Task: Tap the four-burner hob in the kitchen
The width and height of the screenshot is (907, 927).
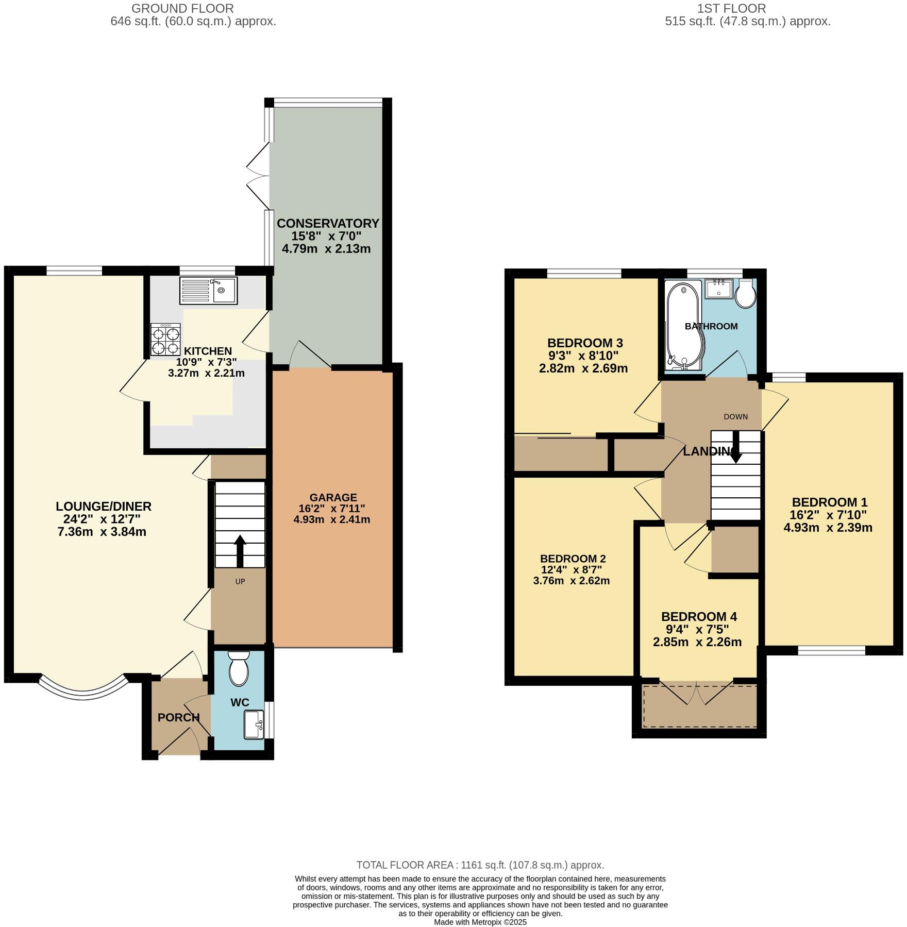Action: (x=166, y=340)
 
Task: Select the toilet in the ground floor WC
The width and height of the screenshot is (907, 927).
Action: (x=239, y=668)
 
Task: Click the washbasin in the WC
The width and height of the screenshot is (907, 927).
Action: (x=254, y=724)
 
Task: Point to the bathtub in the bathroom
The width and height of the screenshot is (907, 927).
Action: (x=681, y=326)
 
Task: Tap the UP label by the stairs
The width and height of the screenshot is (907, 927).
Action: (x=240, y=581)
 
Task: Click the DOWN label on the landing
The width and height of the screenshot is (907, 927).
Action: (x=735, y=416)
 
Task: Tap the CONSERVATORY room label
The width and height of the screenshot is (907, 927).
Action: (x=328, y=223)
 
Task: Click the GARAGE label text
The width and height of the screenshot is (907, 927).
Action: (x=333, y=497)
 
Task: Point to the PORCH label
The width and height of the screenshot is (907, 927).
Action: (x=178, y=717)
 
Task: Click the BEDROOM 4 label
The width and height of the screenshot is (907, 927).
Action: (x=699, y=616)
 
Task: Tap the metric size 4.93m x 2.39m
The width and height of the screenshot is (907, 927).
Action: (x=828, y=527)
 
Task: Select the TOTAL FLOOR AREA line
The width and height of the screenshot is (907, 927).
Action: (x=480, y=865)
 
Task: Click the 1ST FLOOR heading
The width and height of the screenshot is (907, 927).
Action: (x=731, y=8)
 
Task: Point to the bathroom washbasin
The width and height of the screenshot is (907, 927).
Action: (x=719, y=289)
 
